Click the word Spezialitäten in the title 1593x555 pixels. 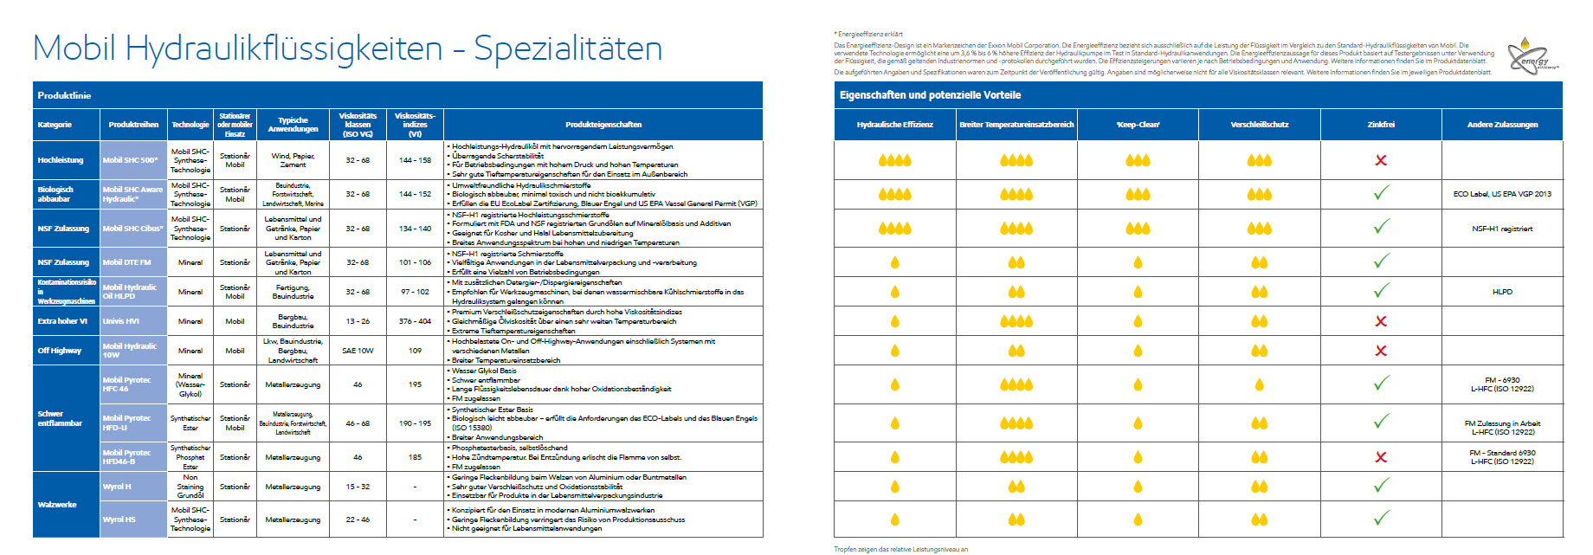[x=567, y=48]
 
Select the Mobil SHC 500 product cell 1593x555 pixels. [x=132, y=160]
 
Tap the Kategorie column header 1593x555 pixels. [x=55, y=125]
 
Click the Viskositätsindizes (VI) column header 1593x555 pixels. [x=415, y=125]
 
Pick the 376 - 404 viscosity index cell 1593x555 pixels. [x=415, y=321]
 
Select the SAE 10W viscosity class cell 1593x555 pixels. [x=358, y=351]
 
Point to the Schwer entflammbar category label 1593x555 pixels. [x=60, y=419]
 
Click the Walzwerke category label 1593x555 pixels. [x=57, y=504]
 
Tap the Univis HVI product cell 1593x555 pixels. [x=121, y=321]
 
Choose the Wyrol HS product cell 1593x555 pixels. [x=119, y=520]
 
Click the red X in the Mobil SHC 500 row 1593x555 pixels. [x=1381, y=160]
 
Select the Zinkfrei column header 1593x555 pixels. [x=1381, y=125]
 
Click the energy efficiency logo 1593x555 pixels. [x=1533, y=55]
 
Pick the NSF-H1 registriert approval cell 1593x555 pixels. [x=1502, y=229]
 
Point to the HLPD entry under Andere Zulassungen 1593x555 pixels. [x=1502, y=292]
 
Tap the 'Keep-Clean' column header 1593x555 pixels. [x=1138, y=125]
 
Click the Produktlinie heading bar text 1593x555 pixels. [x=64, y=95]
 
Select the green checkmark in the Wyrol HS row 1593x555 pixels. [x=1381, y=518]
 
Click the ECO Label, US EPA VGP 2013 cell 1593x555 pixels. [x=1502, y=194]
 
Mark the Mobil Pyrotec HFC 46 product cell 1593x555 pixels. [x=127, y=384]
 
